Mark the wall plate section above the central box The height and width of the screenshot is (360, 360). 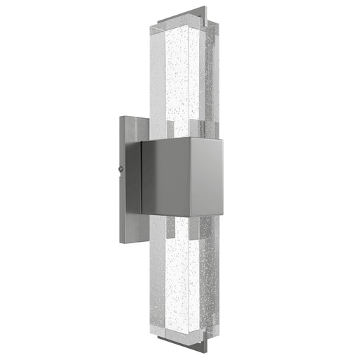(x=131, y=129)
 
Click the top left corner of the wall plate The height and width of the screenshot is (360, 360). (x=122, y=117)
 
